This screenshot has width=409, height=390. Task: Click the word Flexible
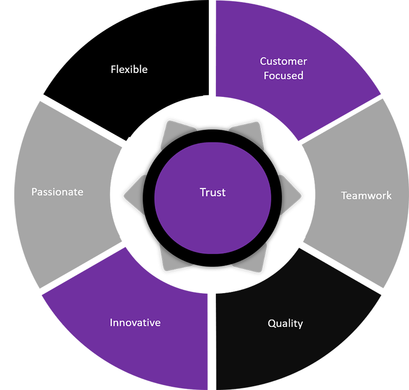coord(129,70)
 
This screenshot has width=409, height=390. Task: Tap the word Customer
coord(284,62)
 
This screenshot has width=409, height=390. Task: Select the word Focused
coord(284,76)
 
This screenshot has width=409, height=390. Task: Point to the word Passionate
coord(57,192)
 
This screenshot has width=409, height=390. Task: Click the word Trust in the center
coord(213,192)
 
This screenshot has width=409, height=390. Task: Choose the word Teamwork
coord(366,195)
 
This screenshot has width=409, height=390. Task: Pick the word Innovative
coord(135,322)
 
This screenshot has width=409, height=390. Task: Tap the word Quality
coord(285,324)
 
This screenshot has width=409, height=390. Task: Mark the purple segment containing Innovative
coord(82,349)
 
